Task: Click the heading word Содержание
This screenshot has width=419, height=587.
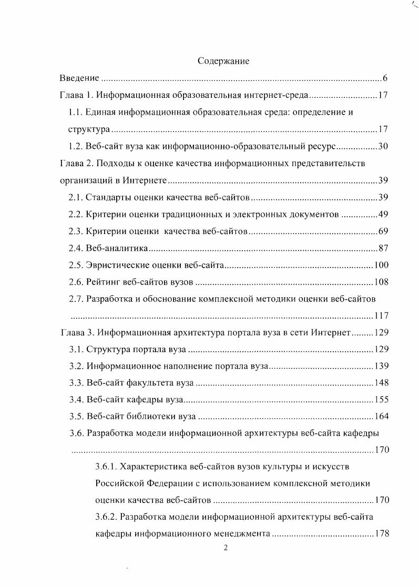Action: coord(223,61)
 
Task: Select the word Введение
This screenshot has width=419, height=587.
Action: coord(79,79)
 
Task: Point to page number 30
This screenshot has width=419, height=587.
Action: coord(383,147)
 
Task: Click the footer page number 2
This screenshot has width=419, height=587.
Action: coord(225,548)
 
